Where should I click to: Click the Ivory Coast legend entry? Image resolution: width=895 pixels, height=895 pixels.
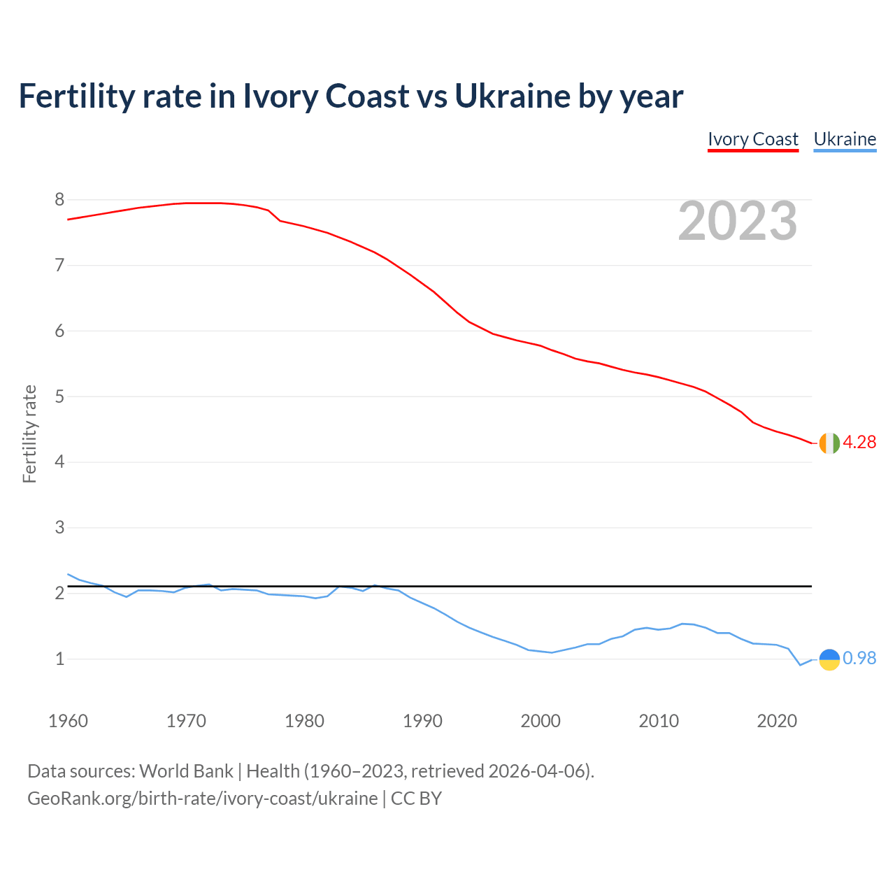[752, 139]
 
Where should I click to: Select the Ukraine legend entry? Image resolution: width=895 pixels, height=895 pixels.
[845, 139]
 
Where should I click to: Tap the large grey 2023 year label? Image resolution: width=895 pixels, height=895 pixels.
[738, 221]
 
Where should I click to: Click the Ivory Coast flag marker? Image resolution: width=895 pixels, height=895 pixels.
[829, 443]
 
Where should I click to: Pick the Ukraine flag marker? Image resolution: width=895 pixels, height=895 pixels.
[829, 659]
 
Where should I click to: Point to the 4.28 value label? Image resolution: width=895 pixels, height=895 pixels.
[859, 443]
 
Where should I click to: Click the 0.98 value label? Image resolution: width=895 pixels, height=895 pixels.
[859, 659]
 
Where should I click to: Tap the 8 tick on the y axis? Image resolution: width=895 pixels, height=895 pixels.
[59, 200]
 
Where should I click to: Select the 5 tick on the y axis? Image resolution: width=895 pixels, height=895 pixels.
[59, 397]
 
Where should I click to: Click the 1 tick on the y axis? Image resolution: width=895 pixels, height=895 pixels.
[59, 659]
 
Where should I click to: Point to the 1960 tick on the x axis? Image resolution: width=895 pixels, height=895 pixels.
[68, 721]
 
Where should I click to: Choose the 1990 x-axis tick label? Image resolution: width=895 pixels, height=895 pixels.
[422, 721]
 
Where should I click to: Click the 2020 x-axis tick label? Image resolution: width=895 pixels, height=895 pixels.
[777, 721]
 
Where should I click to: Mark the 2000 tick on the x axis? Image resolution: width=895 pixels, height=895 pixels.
[540, 721]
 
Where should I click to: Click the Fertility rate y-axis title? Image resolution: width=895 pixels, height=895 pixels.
[29, 434]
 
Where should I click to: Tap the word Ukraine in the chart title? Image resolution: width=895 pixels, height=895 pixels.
[512, 96]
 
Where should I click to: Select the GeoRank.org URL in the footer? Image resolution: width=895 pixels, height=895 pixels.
[202, 799]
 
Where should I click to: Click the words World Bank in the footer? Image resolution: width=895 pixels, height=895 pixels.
[186, 771]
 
